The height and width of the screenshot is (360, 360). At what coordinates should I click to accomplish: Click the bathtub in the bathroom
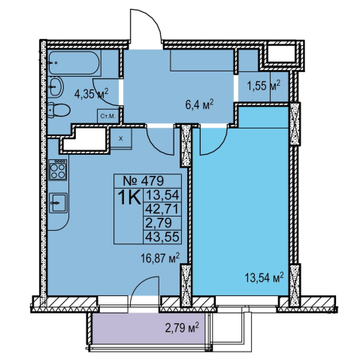pyautogui.click(x=74, y=62)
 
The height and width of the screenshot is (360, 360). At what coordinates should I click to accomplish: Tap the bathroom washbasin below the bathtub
pyautogui.click(x=56, y=87)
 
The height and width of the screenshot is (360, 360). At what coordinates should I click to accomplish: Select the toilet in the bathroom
pyautogui.click(x=59, y=110)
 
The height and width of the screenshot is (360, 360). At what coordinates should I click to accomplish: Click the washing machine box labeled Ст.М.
pyautogui.click(x=107, y=116)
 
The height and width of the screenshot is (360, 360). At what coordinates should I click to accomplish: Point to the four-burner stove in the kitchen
pyautogui.click(x=58, y=170)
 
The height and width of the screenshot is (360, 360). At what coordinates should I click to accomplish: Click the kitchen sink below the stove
pyautogui.click(x=58, y=203)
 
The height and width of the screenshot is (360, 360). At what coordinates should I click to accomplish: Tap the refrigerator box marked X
pyautogui.click(x=121, y=139)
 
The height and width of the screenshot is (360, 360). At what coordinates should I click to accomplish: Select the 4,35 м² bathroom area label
pyautogui.click(x=91, y=93)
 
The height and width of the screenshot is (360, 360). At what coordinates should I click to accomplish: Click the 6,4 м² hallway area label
pyautogui.click(x=199, y=105)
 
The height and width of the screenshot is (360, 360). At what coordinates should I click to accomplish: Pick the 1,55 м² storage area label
pyautogui.click(x=263, y=86)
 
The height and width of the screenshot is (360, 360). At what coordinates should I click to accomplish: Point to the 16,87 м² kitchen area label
pyautogui.click(x=160, y=258)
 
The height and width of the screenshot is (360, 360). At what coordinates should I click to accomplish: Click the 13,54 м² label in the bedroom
pyautogui.click(x=264, y=277)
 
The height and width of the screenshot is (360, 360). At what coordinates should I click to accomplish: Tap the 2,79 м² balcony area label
pyautogui.click(x=182, y=328)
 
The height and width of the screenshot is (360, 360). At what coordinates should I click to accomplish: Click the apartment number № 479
pyautogui.click(x=144, y=180)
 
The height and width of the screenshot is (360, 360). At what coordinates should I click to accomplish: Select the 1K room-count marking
pyautogui.click(x=130, y=197)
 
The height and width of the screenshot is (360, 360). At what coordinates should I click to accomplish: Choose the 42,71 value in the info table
pyautogui.click(x=162, y=209)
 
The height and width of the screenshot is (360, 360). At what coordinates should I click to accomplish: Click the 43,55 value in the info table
pyautogui.click(x=162, y=237)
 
